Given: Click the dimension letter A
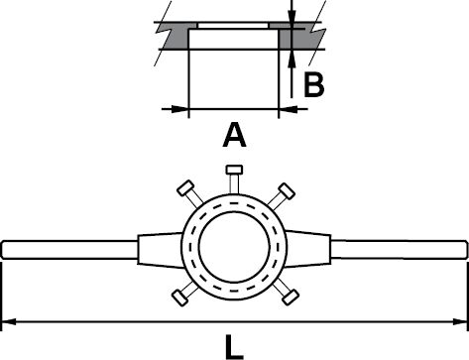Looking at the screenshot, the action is [x=234, y=135].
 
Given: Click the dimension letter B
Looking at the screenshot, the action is [x=314, y=85].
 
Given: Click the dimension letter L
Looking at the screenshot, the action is [x=234, y=347].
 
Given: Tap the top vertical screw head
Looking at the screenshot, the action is [x=234, y=170].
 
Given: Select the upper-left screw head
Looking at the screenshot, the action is [x=185, y=188].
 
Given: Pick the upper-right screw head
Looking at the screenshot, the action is [x=287, y=191].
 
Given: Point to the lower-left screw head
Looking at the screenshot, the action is [x=180, y=298].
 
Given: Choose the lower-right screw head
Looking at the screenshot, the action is [x=291, y=297].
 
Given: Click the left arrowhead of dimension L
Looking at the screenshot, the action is [x=9, y=321].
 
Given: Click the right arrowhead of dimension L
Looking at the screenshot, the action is [x=460, y=321].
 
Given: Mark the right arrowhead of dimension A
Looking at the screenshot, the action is [x=288, y=108].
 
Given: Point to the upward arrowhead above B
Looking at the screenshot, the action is [x=292, y=59].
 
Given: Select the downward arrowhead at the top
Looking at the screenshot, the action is [x=292, y=15].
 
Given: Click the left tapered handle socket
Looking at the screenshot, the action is [x=161, y=250].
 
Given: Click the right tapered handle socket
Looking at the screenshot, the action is [x=308, y=249].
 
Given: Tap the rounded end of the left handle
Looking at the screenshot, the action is [x=4, y=250].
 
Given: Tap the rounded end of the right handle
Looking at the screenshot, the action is [x=465, y=250].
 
